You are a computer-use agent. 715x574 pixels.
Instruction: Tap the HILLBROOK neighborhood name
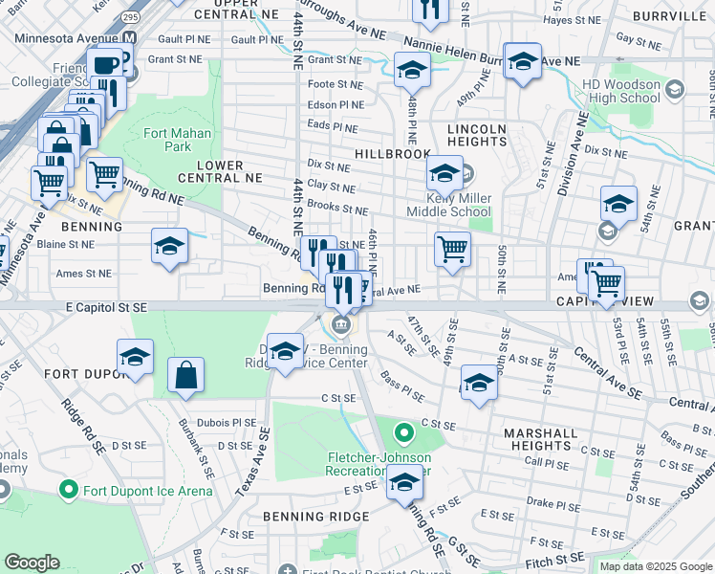393,153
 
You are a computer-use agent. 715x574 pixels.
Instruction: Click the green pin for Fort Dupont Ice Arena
68,492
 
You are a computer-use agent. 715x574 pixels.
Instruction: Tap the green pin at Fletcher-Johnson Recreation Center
404,433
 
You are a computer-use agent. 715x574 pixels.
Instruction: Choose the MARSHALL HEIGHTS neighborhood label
541,439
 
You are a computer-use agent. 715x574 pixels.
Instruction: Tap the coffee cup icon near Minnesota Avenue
104,65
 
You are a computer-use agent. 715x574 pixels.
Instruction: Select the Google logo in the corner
32,563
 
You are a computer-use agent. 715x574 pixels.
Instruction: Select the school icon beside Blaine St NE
168,246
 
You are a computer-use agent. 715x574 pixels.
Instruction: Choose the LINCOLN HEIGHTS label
476,135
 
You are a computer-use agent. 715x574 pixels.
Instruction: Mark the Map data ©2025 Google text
654,566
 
